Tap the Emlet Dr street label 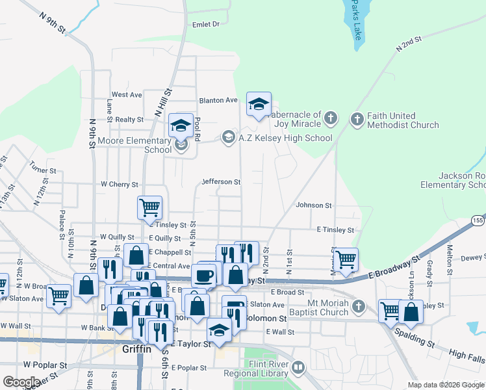coord(206,24)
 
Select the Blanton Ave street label coord(219,100)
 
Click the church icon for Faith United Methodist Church coord(357,120)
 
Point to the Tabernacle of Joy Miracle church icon coord(331,119)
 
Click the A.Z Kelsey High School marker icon coord(228,137)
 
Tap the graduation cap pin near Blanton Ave coord(259,105)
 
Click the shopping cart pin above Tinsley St coord(149,207)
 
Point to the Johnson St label coord(313,205)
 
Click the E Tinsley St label coord(335,230)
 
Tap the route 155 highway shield coord(478,221)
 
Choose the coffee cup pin coord(203,275)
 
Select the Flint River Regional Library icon coord(298,368)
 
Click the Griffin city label coord(137,349)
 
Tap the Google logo coord(21,382)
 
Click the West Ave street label coord(127,95)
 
